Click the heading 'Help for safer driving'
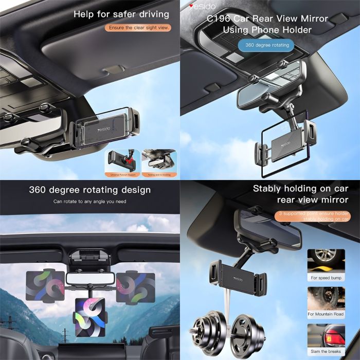(121, 14)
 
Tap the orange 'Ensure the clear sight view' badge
(138, 28)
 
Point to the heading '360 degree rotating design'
(89, 190)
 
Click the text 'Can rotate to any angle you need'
(89, 201)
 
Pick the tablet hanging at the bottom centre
(91, 317)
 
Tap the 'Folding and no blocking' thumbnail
(159, 161)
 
